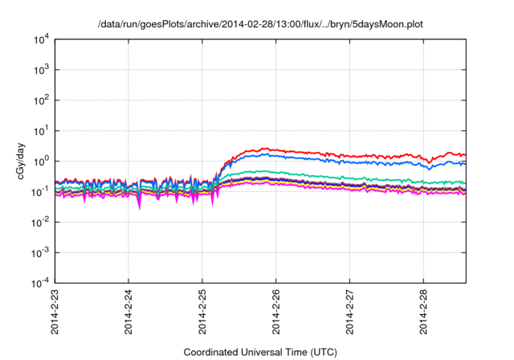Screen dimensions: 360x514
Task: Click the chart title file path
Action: pos(260,25)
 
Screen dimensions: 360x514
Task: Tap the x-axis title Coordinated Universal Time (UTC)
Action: pos(260,352)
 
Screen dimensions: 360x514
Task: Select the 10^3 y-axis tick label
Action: pos(41,70)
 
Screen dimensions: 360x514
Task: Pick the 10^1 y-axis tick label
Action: pos(41,130)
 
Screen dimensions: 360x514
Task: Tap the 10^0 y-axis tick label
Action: pos(41,161)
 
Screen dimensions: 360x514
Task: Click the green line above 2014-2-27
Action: pos(349,178)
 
